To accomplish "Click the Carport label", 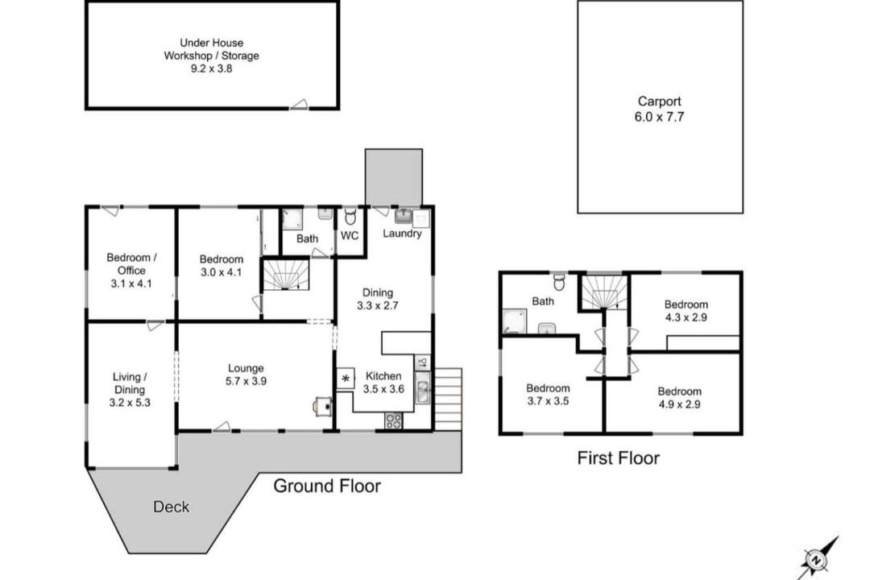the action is tap(659, 101).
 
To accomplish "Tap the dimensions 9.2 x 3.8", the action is tap(211, 68).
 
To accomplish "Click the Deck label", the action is tap(171, 507).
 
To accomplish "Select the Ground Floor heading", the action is tap(327, 487).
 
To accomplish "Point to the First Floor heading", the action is tap(618, 458).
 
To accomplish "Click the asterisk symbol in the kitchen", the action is tap(346, 379).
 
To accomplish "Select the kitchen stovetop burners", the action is tap(394, 421).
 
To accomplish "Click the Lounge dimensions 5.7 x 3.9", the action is tap(246, 381).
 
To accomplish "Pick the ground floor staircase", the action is tap(285, 274).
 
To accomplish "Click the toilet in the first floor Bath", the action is tap(559, 281).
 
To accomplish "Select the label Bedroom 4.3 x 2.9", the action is tap(686, 311).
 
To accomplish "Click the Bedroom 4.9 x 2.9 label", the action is tap(679, 398).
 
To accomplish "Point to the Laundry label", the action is tap(402, 234).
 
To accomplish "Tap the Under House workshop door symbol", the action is tap(299, 104).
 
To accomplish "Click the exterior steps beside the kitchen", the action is tap(448, 399).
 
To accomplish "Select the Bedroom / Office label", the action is tap(131, 264).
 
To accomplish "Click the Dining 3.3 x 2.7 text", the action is tap(377, 299).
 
